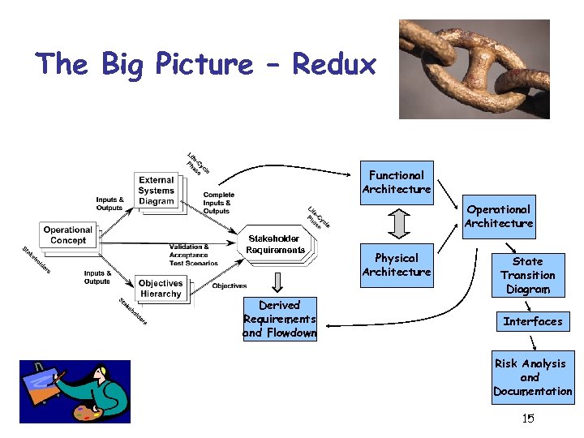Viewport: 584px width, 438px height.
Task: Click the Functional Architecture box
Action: point(397,182)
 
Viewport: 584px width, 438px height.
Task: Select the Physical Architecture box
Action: point(397,265)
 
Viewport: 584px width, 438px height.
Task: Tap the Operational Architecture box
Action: point(500,217)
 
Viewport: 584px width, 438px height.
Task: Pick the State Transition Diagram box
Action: point(527,275)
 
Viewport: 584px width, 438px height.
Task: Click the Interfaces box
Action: point(532,321)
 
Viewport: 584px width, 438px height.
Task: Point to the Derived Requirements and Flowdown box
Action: point(279,320)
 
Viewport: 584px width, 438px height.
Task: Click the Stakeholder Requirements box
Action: point(276,244)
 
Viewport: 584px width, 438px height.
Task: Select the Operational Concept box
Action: point(68,235)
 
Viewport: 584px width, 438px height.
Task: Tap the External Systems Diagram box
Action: point(157,191)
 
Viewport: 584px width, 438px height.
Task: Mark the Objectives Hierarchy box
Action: point(161,288)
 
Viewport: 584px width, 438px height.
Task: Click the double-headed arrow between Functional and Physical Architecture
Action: point(397,223)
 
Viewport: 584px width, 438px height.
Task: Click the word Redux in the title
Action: point(334,63)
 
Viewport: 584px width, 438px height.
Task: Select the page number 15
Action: point(528,419)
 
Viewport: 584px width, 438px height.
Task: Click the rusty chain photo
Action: point(474,69)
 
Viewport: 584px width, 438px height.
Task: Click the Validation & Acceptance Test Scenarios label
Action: point(193,255)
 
